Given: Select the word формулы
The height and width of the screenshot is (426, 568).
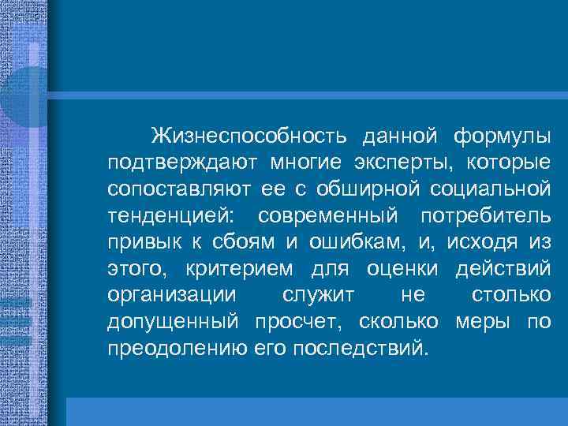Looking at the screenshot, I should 503,135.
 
